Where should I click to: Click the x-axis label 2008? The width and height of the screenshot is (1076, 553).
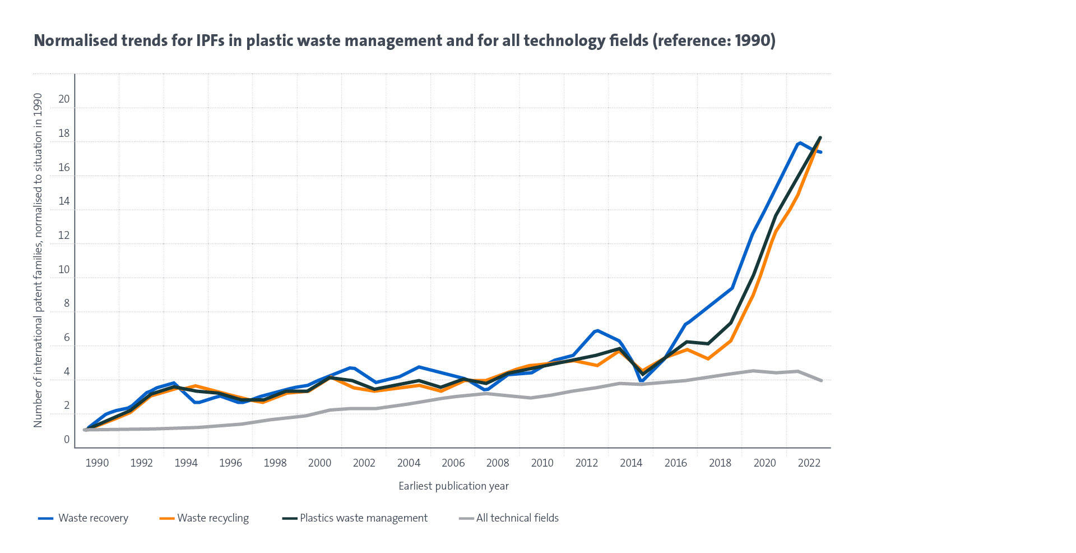[497, 463]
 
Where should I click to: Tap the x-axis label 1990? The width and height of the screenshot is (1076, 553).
[97, 463]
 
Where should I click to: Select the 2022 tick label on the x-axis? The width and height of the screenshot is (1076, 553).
[809, 463]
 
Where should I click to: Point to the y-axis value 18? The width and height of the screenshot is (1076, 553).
[64, 133]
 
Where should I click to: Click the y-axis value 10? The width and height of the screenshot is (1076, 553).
[64, 269]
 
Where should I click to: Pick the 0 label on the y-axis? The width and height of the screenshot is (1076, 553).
[67, 439]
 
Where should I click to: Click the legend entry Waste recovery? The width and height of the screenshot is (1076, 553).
[93, 518]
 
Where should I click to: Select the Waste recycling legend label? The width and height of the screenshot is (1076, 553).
[213, 518]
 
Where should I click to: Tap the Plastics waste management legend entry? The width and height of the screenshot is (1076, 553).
[363, 518]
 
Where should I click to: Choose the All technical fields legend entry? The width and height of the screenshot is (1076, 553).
[517, 518]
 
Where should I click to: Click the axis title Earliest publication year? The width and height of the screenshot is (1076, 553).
[453, 486]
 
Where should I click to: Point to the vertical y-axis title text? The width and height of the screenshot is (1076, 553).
[38, 260]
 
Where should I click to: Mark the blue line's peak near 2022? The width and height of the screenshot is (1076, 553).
[799, 143]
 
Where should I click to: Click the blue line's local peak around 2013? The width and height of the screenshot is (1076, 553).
[597, 330]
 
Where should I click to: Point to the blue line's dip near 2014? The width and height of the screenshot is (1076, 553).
[641, 381]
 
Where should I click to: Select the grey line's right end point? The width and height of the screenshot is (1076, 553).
[821, 381]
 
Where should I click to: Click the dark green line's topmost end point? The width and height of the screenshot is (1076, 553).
[820, 137]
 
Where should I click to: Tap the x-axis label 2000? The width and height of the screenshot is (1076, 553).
[319, 463]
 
